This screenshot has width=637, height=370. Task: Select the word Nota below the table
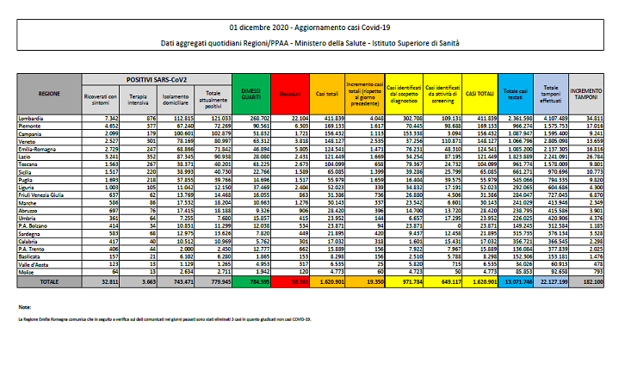(x=24, y=305)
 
